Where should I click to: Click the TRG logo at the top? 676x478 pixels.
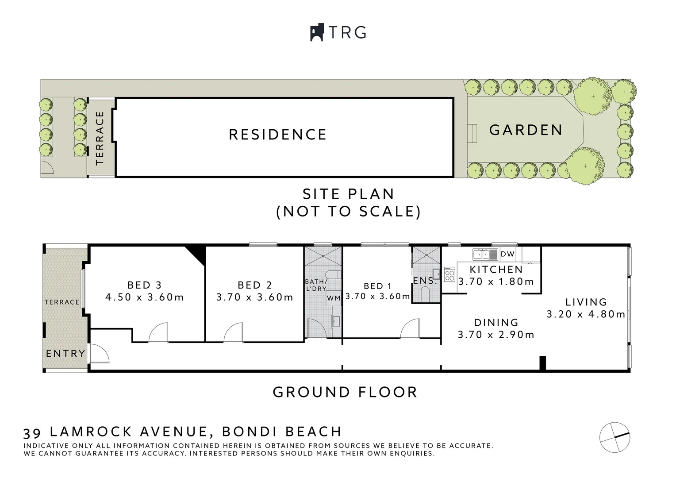point(338,32)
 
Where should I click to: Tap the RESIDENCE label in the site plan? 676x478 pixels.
point(277,135)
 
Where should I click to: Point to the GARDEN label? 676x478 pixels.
point(526,130)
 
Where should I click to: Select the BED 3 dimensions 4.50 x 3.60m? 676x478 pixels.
point(144,297)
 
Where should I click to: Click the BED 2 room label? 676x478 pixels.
point(255,285)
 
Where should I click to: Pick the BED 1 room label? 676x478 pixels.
point(377,286)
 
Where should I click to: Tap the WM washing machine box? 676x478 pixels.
point(334,298)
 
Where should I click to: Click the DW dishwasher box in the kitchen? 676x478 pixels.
point(507,254)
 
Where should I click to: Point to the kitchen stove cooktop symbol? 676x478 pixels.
point(450,274)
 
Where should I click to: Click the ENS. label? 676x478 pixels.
point(425,281)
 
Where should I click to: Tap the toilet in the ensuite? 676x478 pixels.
point(426,293)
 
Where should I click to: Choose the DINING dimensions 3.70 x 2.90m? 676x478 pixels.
point(496,335)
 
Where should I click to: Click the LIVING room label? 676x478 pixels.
point(586,302)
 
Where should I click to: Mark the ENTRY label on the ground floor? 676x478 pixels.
point(65,354)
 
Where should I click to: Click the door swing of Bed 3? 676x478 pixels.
point(158,333)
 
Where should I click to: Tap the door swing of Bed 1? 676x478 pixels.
point(410,330)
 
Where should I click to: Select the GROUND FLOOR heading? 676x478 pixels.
point(345,392)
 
